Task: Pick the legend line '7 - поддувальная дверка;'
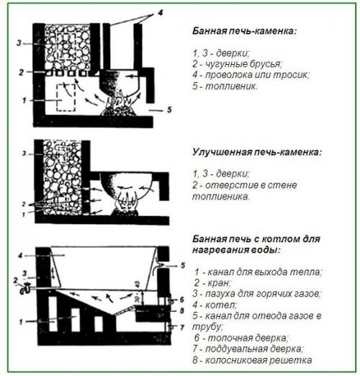248,349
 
